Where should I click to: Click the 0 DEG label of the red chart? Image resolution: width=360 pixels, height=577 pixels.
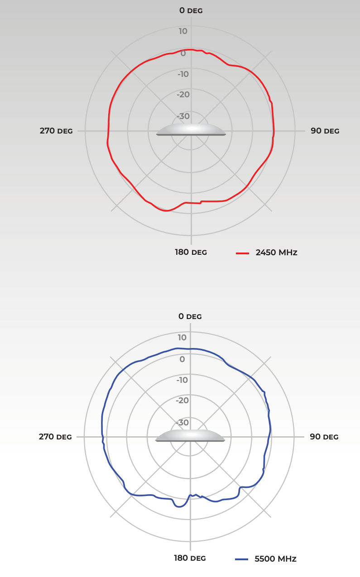[191, 10]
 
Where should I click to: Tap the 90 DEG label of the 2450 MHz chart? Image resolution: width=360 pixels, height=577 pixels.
[325, 131]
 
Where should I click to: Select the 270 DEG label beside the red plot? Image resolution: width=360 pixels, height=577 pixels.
[56, 131]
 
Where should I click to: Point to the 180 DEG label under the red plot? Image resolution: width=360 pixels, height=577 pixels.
[191, 252]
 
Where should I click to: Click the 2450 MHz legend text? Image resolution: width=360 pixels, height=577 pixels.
[277, 253]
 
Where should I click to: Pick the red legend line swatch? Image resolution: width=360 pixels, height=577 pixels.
[243, 253]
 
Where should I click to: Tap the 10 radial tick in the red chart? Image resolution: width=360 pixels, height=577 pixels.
[183, 31]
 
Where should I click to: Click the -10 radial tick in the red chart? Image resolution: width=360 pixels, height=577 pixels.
[183, 74]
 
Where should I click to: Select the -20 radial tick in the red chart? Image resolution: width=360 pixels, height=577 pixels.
[183, 95]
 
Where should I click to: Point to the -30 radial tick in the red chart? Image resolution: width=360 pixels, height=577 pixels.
[183, 116]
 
